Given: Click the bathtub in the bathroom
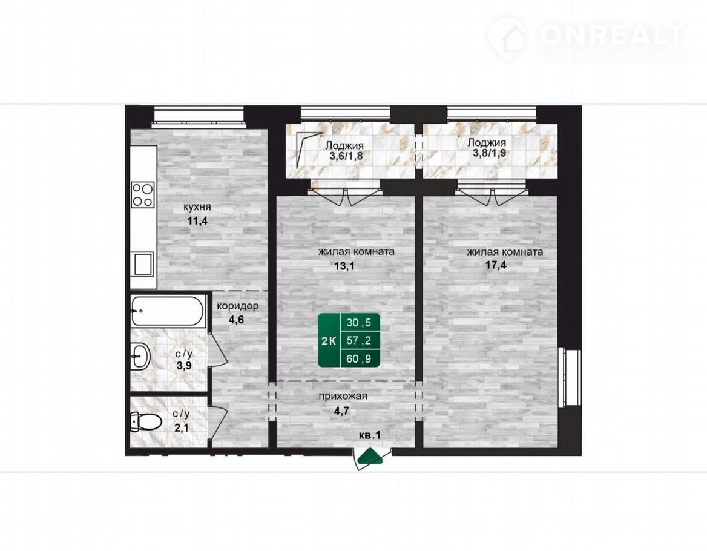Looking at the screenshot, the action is pos(168,311).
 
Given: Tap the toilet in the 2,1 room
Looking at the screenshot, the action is pos(145,422).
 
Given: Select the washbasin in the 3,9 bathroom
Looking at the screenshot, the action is pos(140,356).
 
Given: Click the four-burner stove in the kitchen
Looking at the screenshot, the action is pos(142,194).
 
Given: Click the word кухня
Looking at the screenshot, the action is pos(197,207).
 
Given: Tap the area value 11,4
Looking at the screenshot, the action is pos(197,221).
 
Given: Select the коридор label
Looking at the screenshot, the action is pos(238,306).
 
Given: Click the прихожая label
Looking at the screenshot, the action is pos(343,397).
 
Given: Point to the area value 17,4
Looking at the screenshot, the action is pos(496,265).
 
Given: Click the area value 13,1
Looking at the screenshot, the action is pos(344,266).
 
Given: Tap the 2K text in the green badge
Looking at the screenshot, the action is pos(328,341).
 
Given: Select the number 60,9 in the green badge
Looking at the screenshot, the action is pos(359,359).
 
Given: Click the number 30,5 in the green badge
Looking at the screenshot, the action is pos(359,323).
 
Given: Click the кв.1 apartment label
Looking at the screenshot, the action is pos(370,435).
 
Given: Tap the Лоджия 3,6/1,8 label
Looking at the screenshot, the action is pos(344,151).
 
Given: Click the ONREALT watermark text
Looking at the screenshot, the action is pos(612,35).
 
